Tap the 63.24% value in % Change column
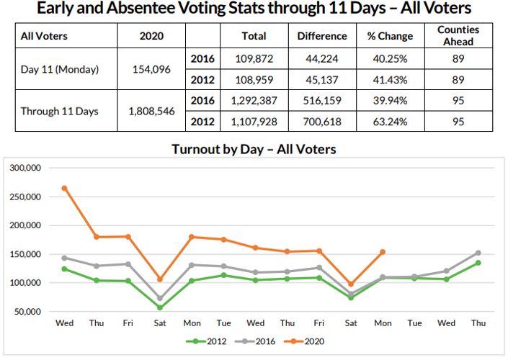tap(390, 122)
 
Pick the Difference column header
tap(321, 36)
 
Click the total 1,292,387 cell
tap(254, 101)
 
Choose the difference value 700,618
tap(321, 122)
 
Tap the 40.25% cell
tap(390, 59)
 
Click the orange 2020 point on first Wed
tap(64, 188)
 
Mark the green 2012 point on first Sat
tap(160, 307)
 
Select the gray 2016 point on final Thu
tap(478, 253)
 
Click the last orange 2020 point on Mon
tap(383, 252)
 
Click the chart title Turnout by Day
tap(254, 150)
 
